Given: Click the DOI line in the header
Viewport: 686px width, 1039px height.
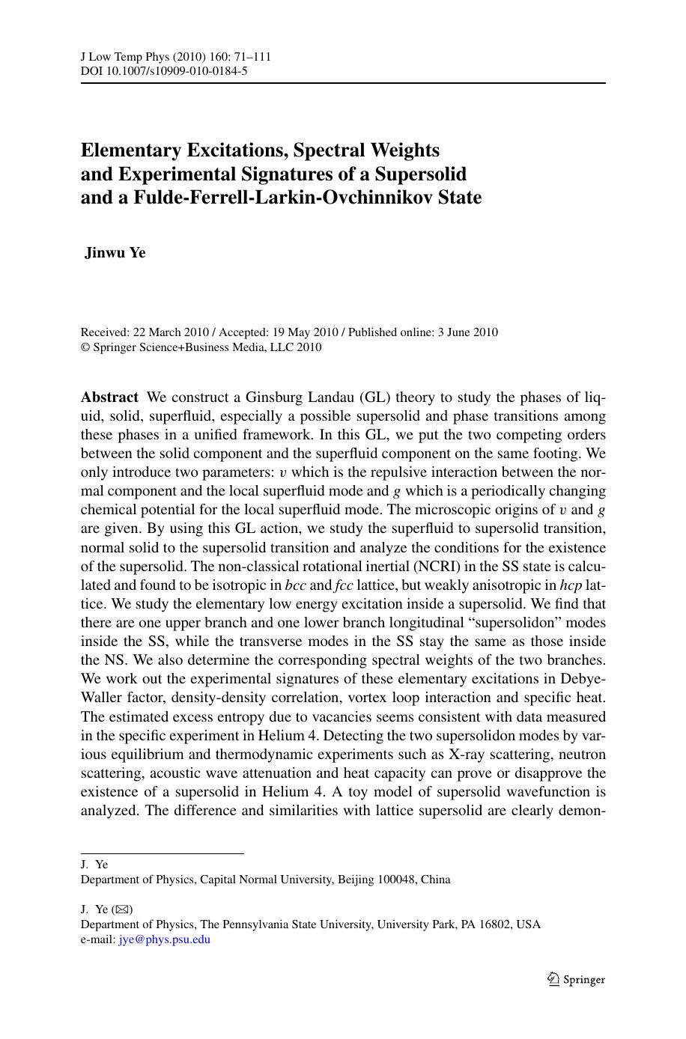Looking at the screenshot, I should pyautogui.click(x=164, y=71).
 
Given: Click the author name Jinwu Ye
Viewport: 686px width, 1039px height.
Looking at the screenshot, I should pyautogui.click(x=115, y=253).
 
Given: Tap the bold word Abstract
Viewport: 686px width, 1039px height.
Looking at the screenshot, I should pyautogui.click(x=109, y=397).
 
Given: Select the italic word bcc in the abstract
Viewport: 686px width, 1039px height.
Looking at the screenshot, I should pyautogui.click(x=296, y=585).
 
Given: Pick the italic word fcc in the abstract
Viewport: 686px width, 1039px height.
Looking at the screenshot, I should pyautogui.click(x=345, y=585).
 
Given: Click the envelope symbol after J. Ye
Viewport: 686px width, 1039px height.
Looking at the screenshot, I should pyautogui.click(x=122, y=910).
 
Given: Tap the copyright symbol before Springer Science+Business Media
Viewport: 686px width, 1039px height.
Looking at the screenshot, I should pyautogui.click(x=85, y=347).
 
